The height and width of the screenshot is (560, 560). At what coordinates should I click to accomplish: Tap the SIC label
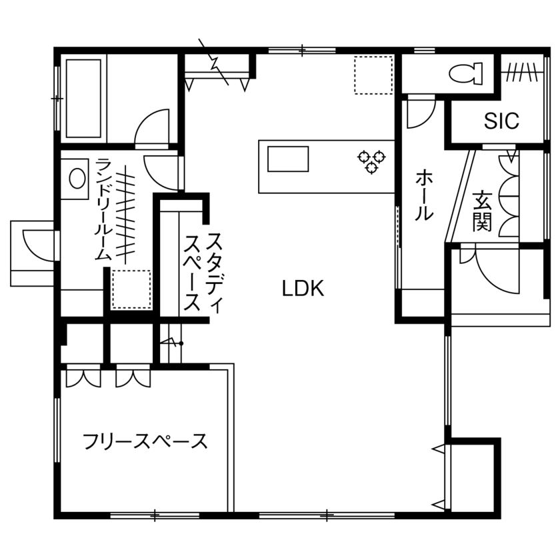click(x=501, y=121)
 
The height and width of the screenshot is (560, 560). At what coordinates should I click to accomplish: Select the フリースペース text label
click(x=145, y=441)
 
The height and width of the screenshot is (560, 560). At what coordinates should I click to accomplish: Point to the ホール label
click(x=424, y=195)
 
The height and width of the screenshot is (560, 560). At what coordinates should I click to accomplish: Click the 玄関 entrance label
click(x=482, y=211)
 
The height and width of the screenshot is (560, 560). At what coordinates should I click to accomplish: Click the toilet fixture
click(x=466, y=73)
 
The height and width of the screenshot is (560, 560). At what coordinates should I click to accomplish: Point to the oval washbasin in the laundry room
click(x=78, y=178)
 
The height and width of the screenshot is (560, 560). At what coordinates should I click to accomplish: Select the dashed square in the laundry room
click(x=131, y=289)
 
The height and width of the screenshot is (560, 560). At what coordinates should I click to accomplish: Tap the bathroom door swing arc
click(x=152, y=128)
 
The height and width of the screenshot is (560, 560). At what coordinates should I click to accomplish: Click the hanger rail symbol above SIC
click(x=520, y=70)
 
